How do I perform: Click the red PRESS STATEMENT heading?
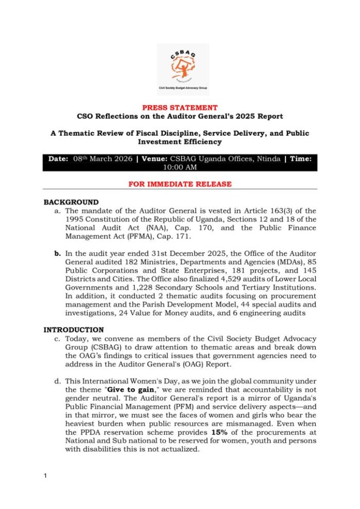[179, 108]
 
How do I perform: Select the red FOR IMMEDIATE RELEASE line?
[179, 184]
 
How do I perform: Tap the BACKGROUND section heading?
[70, 202]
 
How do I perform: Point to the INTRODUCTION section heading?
[74, 330]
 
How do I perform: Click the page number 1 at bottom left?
[45, 476]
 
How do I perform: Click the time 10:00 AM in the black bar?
[179, 167]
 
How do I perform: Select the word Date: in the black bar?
[62, 159]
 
